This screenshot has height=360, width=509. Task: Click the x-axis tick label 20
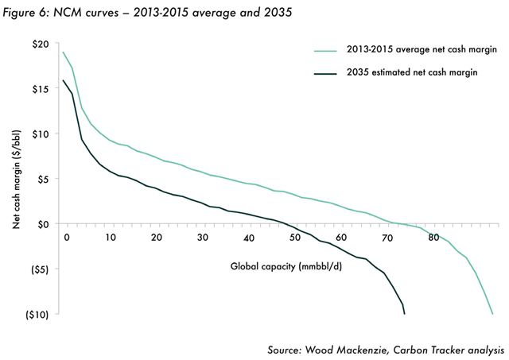pos(157,238)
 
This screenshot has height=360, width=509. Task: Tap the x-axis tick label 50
pos(296,238)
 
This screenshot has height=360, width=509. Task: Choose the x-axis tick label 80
pos(433,238)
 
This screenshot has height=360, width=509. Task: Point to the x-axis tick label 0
pos(67,238)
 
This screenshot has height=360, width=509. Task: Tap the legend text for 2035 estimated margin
pos(413,74)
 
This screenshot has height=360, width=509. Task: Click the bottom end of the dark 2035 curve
pos(405,313)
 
